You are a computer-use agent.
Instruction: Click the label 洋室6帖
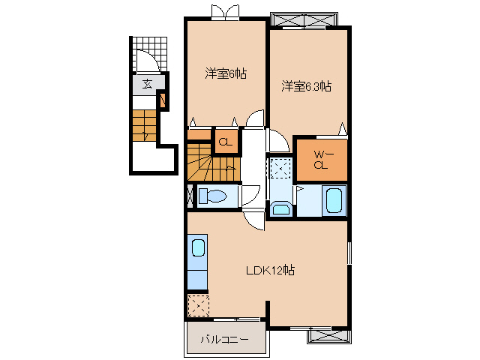(x=226, y=73)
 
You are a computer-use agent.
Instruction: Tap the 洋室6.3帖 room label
(x=306, y=86)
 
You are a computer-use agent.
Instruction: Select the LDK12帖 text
(x=270, y=271)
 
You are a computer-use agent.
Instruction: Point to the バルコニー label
(x=224, y=340)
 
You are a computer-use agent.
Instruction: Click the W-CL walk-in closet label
(x=322, y=160)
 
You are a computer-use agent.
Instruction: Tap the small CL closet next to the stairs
(x=225, y=141)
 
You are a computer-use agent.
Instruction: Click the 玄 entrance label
(x=147, y=83)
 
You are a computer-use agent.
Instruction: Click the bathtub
(x=334, y=201)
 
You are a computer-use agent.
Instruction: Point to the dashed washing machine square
(x=281, y=169)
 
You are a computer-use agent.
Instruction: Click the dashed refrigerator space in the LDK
(x=199, y=305)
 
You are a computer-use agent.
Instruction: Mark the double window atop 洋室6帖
(x=227, y=11)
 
